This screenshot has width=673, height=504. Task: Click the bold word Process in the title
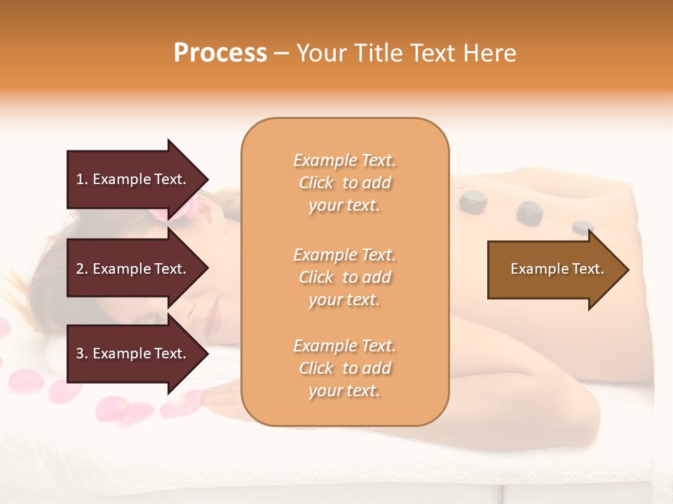pos(220,53)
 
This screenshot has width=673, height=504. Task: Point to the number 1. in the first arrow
pos(82,179)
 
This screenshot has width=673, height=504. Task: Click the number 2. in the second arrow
pos(82,269)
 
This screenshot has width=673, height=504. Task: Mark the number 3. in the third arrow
pos(82,353)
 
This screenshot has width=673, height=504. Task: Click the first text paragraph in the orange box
pos(344,183)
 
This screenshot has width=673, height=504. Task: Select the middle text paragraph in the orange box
pos(344,277)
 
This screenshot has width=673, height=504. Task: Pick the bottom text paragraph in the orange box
pos(344,368)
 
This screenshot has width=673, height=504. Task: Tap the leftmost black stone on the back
pos(473,202)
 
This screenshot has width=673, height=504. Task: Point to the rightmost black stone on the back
pos(583,227)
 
